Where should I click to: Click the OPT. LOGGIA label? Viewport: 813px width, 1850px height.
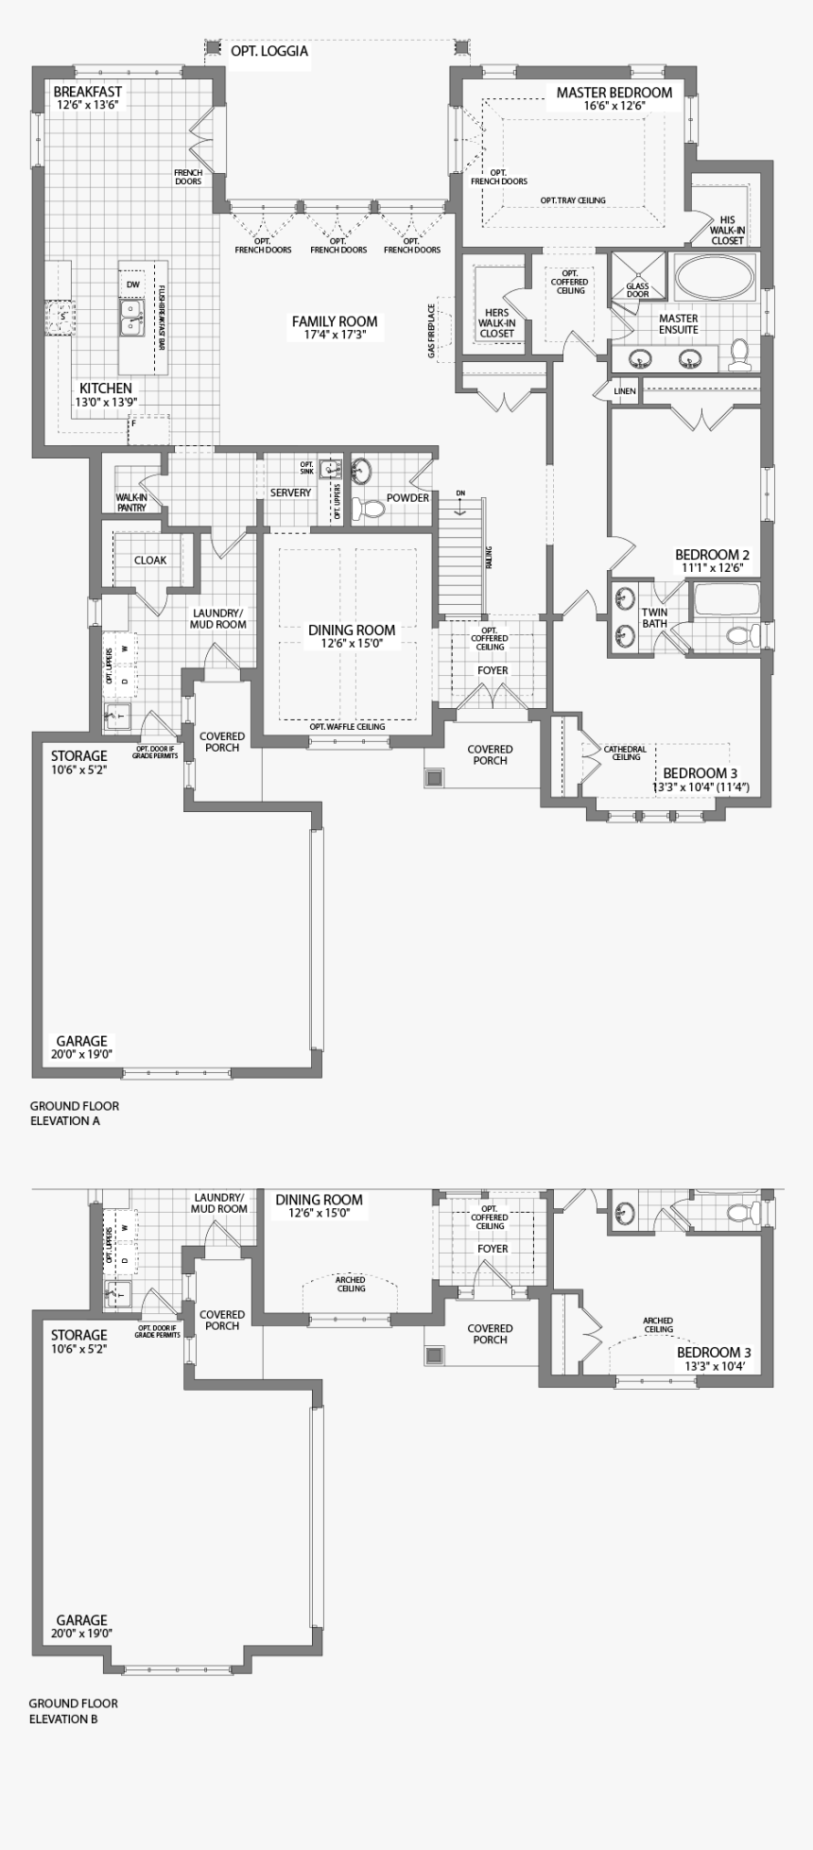click(x=269, y=51)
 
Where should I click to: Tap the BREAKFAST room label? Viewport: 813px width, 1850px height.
click(x=88, y=92)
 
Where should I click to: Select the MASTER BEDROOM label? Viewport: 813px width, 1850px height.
click(x=614, y=93)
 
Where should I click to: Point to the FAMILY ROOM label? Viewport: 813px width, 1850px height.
click(x=335, y=322)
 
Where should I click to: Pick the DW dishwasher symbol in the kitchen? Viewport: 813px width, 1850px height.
click(x=132, y=285)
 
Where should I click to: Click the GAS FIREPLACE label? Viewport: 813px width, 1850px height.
click(x=432, y=331)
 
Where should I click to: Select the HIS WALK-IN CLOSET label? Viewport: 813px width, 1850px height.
click(x=727, y=230)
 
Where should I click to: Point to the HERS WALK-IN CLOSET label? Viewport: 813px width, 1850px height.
click(x=496, y=322)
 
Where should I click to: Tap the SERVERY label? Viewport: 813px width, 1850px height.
click(x=290, y=493)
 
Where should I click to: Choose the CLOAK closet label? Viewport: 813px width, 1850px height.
click(x=150, y=560)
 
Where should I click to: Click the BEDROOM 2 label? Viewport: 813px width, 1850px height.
click(x=712, y=555)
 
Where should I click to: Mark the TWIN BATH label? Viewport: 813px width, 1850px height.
click(x=654, y=617)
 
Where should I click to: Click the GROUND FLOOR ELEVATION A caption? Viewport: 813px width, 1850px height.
click(x=74, y=1113)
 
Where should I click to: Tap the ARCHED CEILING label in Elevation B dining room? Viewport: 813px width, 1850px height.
click(x=351, y=1284)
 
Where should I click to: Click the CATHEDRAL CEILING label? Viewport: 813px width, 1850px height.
click(x=626, y=752)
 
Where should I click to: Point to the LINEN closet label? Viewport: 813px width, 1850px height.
click(x=625, y=390)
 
